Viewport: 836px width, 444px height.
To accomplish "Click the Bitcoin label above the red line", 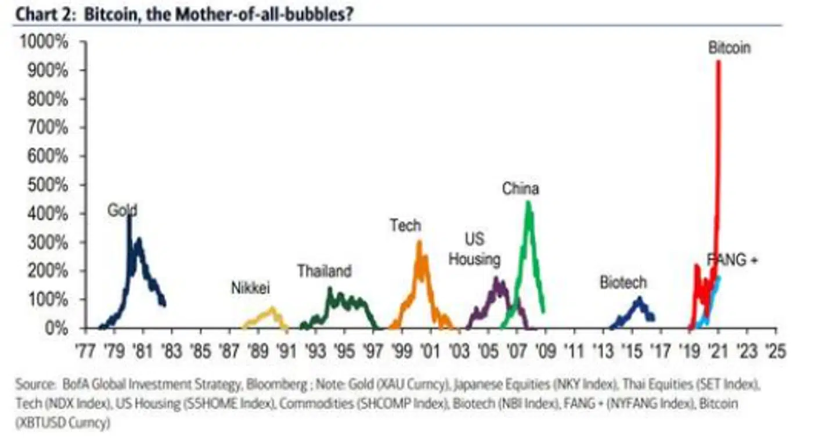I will [729, 48].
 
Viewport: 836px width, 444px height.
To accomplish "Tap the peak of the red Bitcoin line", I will [719, 62].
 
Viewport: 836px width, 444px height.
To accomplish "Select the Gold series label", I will [122, 210].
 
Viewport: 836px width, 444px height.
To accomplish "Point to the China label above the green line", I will [520, 189].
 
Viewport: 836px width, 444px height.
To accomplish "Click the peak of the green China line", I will [528, 203].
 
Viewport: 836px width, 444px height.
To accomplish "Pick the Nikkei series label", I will [251, 287].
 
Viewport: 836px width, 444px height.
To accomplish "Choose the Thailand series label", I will [325, 271].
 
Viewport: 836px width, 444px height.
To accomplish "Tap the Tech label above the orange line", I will [405, 225].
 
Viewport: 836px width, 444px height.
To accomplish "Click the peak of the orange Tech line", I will [419, 242].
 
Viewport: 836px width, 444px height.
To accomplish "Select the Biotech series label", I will [623, 283].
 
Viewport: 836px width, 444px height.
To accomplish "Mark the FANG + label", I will [733, 260].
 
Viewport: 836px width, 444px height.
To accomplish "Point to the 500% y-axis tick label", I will [48, 185].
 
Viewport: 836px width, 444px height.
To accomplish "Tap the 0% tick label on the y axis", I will [56, 329].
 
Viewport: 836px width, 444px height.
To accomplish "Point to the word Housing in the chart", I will [474, 259].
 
